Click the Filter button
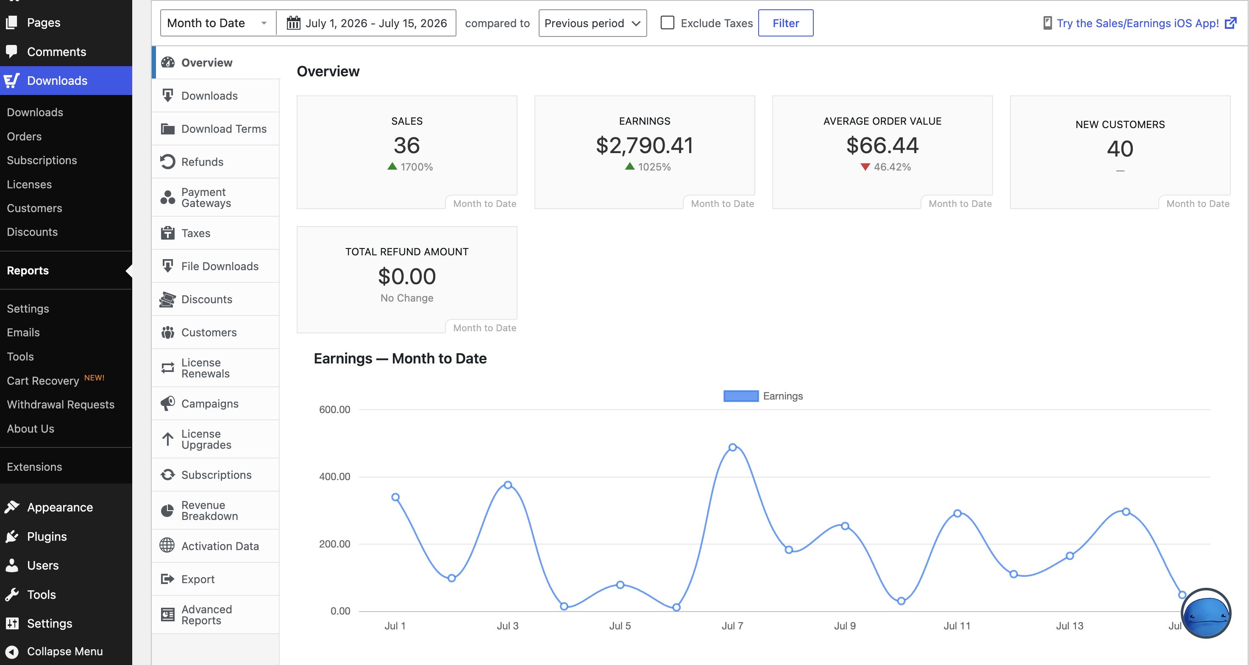coord(785,23)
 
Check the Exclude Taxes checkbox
coord(667,23)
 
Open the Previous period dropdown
coord(593,23)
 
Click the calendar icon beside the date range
coord(293,23)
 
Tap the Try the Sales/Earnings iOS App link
coord(1137,23)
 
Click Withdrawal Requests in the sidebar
coord(61,405)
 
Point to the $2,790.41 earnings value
coord(644,145)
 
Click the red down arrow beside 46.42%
coord(865,167)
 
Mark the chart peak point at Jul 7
coord(733,447)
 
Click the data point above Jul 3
coord(508,485)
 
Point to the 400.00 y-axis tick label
coord(334,476)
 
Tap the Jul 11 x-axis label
coord(957,626)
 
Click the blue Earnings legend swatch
coord(741,396)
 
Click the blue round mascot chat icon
coord(1206,614)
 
